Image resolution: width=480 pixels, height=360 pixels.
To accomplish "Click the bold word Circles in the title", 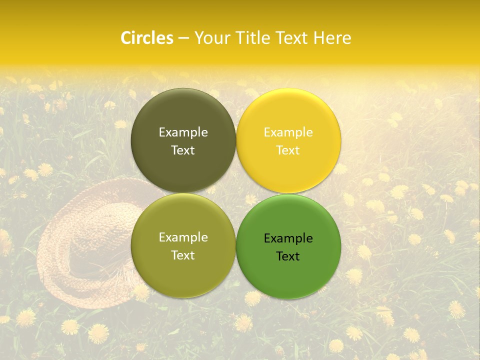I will click(146, 38).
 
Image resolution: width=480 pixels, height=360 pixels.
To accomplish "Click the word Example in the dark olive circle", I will click(183, 132).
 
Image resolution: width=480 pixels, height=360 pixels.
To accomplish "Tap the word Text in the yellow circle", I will click(288, 150).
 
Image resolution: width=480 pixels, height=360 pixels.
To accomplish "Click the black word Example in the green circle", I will click(288, 238).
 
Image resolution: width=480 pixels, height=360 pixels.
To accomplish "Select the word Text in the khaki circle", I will click(183, 255).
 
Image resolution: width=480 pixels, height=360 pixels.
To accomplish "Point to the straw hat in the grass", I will click(90, 240).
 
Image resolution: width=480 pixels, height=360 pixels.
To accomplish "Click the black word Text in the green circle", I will click(288, 256).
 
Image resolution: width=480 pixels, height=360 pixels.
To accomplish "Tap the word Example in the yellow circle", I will click(288, 132).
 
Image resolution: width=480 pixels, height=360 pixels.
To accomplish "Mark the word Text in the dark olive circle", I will click(183, 150).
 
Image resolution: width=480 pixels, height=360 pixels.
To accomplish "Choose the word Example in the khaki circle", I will click(183, 237).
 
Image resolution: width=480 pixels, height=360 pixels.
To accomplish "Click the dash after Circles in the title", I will click(183, 38).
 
